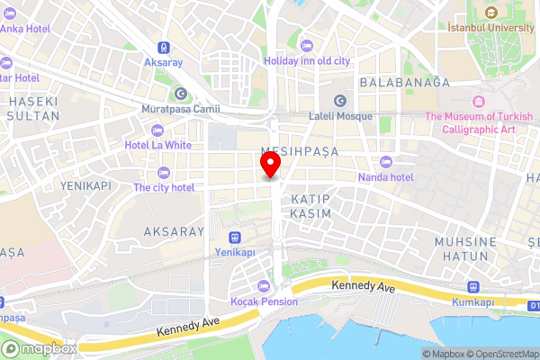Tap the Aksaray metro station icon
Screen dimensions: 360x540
point(163,48)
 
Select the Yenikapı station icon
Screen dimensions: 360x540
point(234,238)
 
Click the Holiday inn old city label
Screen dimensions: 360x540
point(306,61)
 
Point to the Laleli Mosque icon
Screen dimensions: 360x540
point(340,100)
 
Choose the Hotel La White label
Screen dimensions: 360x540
point(158,145)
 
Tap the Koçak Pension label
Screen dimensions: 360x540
point(265,301)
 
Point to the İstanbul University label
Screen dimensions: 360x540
point(491,27)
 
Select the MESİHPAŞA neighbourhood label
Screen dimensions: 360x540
point(299,152)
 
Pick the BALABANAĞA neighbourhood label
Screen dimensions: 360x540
point(404,82)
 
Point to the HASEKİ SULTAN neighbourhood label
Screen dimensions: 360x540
point(33,109)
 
